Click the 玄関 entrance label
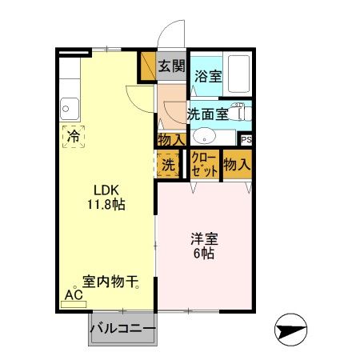click(x=170, y=66)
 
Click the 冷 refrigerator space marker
click(x=74, y=135)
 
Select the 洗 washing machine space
click(x=168, y=166)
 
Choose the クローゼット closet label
click(x=204, y=166)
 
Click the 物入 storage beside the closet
click(x=237, y=165)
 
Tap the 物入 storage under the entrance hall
click(x=170, y=139)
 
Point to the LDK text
click(x=106, y=190)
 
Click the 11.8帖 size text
click(x=106, y=204)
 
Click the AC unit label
click(x=74, y=294)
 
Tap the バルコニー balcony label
click(x=122, y=328)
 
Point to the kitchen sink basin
click(x=68, y=106)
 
